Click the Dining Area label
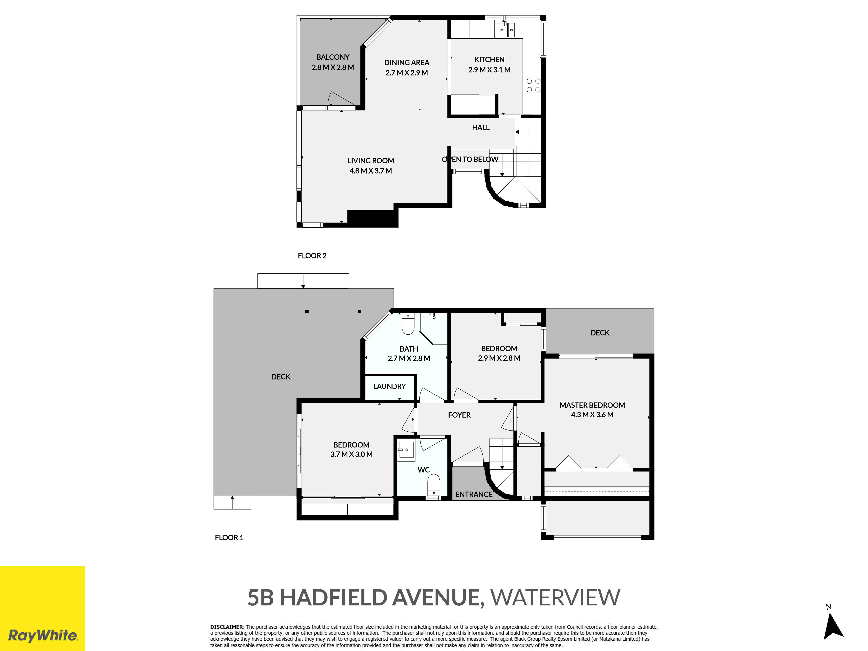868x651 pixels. click(406, 63)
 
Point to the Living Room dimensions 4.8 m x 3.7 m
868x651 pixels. click(370, 171)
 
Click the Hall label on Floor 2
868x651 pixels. click(481, 128)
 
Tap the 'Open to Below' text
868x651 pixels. click(470, 159)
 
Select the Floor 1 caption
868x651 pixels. click(229, 538)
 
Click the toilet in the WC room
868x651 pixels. click(434, 487)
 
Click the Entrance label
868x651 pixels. click(474, 494)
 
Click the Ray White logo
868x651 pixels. click(42, 608)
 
